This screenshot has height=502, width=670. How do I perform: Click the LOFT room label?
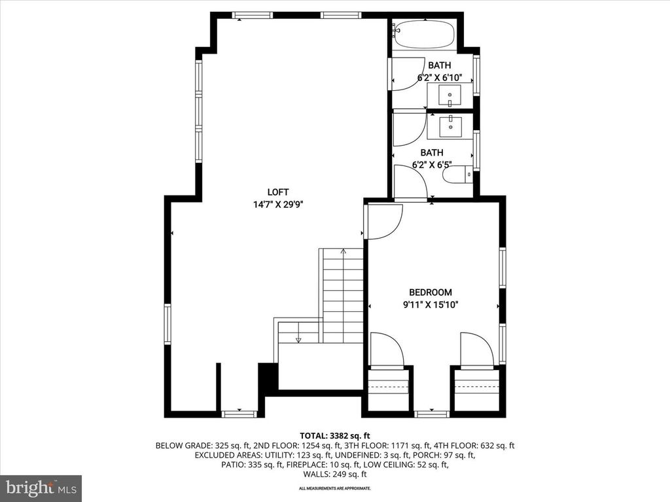pyautogui.click(x=277, y=192)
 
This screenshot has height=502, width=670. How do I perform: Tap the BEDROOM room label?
pyautogui.click(x=431, y=292)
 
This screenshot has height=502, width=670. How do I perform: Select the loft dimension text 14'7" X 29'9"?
pyautogui.click(x=278, y=205)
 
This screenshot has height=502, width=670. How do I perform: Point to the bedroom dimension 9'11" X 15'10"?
pyautogui.click(x=431, y=305)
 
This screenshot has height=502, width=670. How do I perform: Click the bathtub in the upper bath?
pyautogui.click(x=425, y=35)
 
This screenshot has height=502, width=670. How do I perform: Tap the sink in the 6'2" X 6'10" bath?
pyautogui.click(x=450, y=95)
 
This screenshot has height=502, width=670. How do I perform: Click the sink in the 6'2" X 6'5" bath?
pyautogui.click(x=450, y=126)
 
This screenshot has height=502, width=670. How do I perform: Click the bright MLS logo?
pyautogui.click(x=41, y=487)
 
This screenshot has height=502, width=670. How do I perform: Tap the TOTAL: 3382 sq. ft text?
pyautogui.click(x=334, y=436)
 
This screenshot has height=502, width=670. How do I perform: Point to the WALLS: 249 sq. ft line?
pyautogui.click(x=335, y=475)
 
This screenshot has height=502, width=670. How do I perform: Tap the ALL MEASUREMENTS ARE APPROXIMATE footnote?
pyautogui.click(x=334, y=488)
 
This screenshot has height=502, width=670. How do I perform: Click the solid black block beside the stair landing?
pyautogui.click(x=268, y=379)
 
